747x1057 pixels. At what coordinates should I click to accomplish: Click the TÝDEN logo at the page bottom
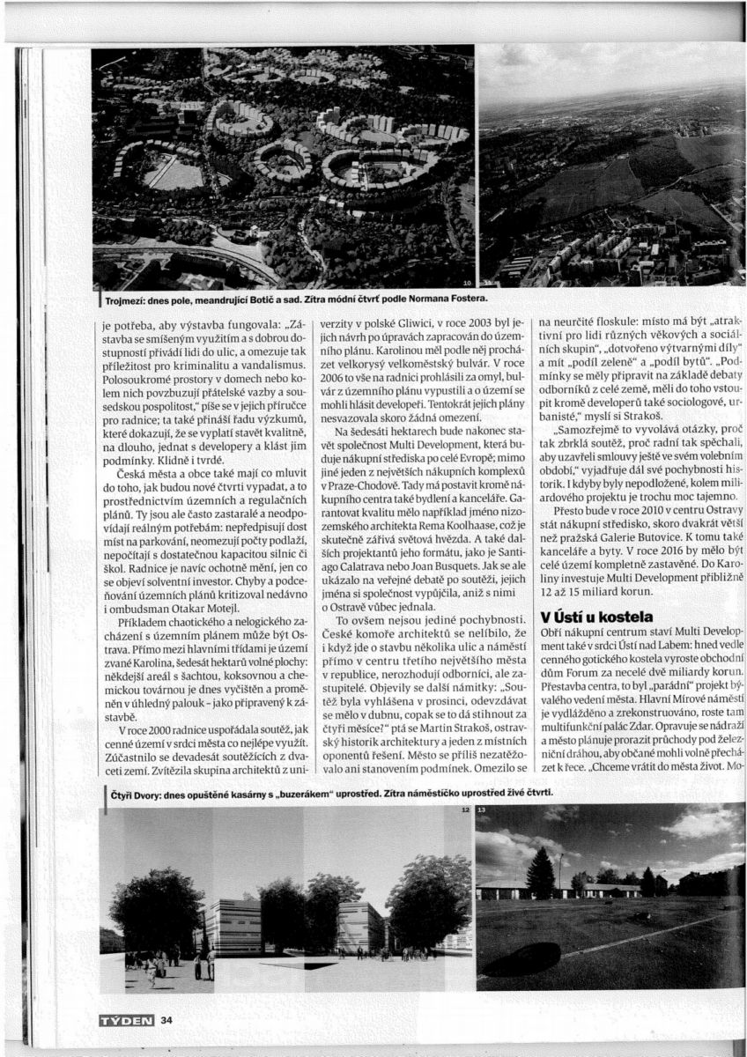tap(127, 1020)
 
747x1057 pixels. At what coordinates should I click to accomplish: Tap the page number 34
tap(166, 1020)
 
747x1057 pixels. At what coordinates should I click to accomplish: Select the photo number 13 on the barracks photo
tap(482, 809)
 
